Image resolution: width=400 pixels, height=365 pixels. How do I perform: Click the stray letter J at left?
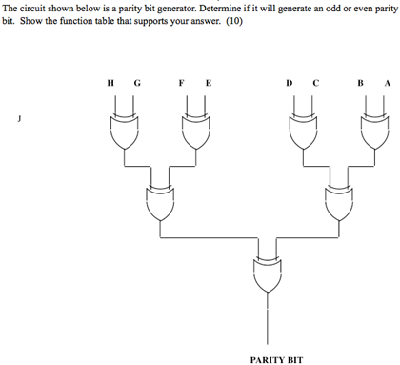click(16, 119)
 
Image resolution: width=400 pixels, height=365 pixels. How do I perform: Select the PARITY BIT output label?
click(276, 359)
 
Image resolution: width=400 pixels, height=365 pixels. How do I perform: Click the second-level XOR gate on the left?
click(159, 201)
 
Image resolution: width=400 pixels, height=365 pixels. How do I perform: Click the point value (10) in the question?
click(231, 21)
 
